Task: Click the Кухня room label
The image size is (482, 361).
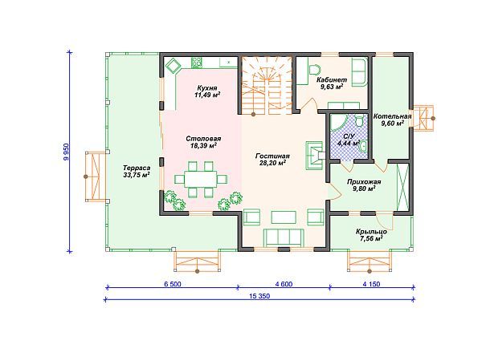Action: pos(207,88)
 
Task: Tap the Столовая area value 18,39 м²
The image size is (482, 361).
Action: pos(203,145)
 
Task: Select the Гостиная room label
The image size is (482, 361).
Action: pos(272,156)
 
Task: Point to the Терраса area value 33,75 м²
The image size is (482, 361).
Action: pos(137,175)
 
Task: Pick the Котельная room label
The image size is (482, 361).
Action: pos(392,116)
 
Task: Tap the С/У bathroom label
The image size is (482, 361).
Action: pos(349,136)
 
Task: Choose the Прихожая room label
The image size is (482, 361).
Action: pos(364,182)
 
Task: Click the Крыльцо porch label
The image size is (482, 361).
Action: pos(371,232)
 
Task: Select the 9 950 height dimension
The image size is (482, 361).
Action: pos(66,152)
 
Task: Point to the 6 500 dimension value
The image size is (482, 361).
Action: pos(173,284)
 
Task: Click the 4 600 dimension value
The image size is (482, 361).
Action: pos(284,284)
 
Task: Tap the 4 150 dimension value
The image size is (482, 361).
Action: pos(371,284)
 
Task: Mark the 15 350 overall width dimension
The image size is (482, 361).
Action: pos(259,296)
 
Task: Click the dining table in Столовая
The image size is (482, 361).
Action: pos(201,179)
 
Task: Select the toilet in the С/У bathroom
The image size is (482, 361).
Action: pos(359,121)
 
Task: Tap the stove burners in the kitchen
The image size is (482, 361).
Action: pos(197,63)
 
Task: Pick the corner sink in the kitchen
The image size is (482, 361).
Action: pos(174,65)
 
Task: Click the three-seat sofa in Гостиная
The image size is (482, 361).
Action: pos(284,237)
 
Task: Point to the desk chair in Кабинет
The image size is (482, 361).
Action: pos(314,70)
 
